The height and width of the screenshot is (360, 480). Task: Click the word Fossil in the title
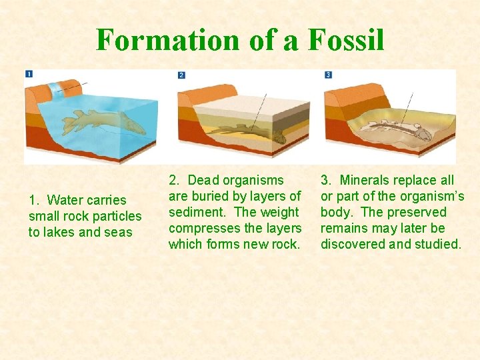click(346, 40)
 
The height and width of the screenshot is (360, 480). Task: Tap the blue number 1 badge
click(29, 73)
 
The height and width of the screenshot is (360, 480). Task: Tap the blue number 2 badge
click(181, 75)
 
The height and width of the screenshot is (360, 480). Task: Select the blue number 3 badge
click(328, 75)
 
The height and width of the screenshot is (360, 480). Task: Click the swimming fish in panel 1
click(100, 123)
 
